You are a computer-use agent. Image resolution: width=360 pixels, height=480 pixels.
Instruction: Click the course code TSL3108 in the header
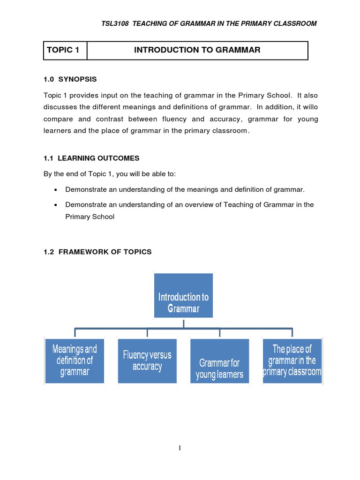pyautogui.click(x=115, y=23)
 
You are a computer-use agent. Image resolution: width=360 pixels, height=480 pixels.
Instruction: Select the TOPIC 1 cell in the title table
pyautogui.click(x=65, y=51)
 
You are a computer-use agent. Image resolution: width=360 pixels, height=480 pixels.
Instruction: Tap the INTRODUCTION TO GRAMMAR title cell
pyautogui.click(x=197, y=51)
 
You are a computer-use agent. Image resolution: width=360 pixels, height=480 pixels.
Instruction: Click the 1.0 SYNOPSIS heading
pyautogui.click(x=70, y=79)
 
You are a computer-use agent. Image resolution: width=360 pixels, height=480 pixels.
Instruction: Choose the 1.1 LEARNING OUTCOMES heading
pyautogui.click(x=91, y=158)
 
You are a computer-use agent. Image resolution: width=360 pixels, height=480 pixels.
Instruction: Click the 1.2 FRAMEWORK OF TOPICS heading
pyautogui.click(x=97, y=252)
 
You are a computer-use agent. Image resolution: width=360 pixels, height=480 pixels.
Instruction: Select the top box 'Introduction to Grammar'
pyautogui.click(x=183, y=296)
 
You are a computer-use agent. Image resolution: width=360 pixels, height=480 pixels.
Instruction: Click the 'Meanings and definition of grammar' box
pyautogui.click(x=75, y=360)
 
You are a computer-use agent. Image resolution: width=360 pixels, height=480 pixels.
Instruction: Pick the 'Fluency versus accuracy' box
pyautogui.click(x=147, y=360)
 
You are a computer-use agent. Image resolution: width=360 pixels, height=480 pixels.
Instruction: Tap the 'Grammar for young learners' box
pyautogui.click(x=219, y=360)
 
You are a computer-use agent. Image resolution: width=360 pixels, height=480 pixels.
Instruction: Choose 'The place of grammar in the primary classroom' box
pyautogui.click(x=292, y=360)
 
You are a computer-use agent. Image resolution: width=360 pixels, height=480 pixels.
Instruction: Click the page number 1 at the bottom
pyautogui.click(x=180, y=448)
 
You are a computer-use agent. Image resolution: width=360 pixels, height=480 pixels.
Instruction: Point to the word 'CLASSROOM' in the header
pyautogui.click(x=294, y=23)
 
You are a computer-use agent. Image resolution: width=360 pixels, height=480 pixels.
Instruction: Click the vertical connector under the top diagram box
pyautogui.click(x=184, y=323)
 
